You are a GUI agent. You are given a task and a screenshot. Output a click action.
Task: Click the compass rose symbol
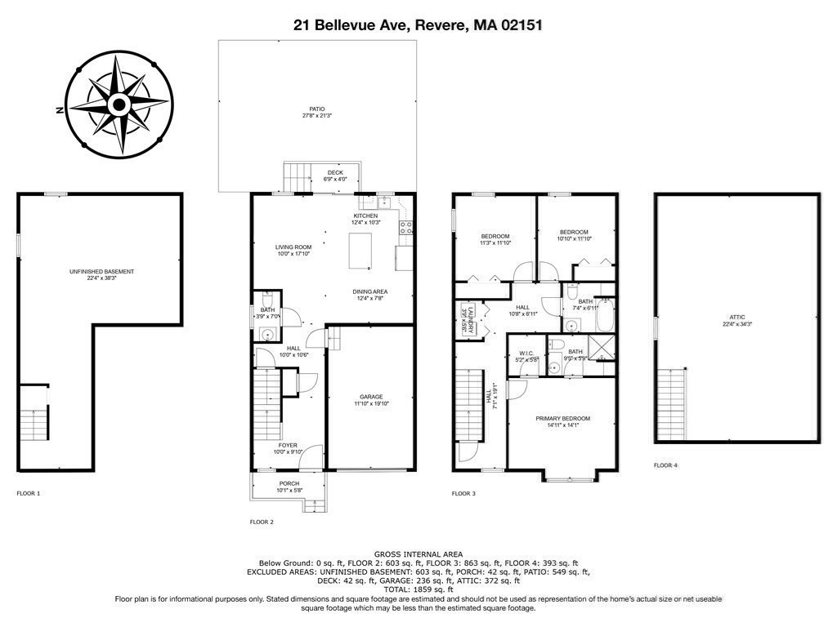119,105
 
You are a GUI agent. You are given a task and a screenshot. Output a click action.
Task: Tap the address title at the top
418,25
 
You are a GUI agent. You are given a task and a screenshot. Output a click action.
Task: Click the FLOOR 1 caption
29,493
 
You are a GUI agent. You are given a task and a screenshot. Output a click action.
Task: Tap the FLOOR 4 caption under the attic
665,465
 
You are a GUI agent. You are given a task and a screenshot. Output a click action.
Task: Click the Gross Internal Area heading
418,554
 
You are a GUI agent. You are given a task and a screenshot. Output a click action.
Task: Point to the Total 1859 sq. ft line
418,589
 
